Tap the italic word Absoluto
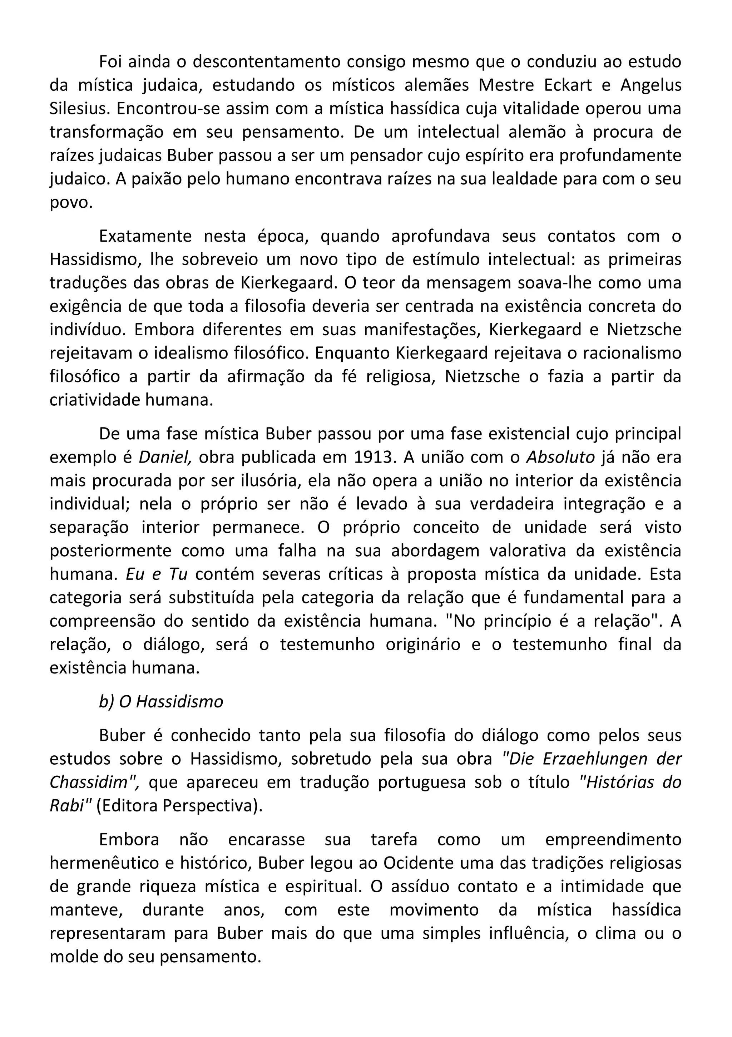[560, 458]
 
